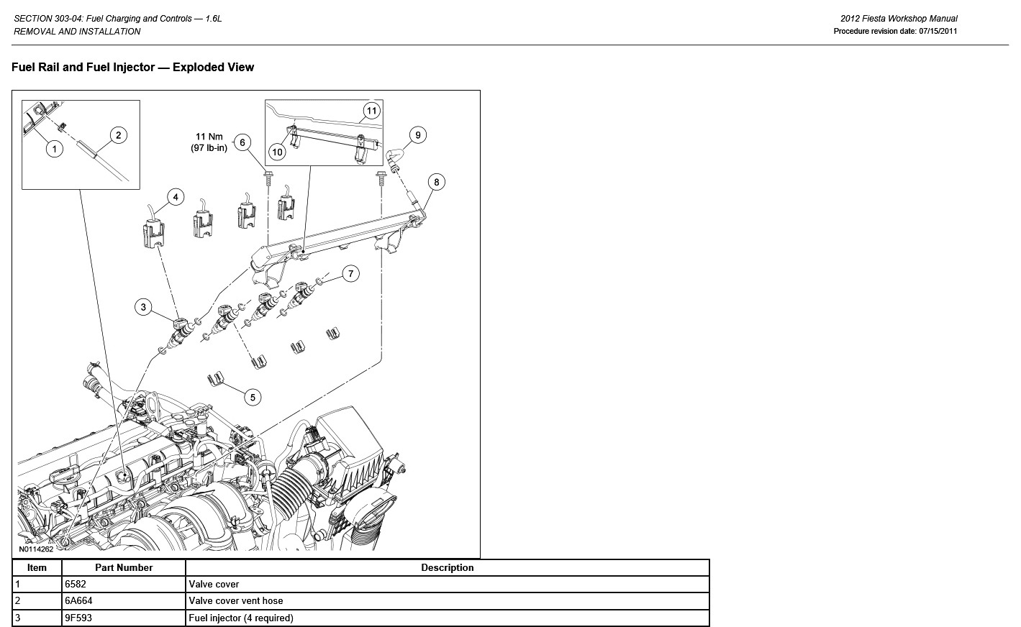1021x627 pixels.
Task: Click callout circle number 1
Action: coord(53,149)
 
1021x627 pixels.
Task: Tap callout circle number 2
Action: coord(118,135)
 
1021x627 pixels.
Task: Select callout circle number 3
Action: coord(143,307)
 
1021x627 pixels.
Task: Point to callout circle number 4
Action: coord(175,197)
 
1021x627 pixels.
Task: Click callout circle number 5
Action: coord(253,397)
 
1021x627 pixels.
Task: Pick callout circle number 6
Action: coord(242,142)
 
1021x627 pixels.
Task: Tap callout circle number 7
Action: coord(350,273)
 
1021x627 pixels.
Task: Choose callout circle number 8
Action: coord(436,182)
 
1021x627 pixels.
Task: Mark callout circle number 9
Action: coord(417,134)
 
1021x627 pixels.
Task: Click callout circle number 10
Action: coord(277,152)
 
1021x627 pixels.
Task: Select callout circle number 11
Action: coord(371,111)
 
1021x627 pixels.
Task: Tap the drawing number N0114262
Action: coord(36,549)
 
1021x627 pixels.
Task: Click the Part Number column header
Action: coord(124,568)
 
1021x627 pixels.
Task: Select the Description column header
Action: coord(447,568)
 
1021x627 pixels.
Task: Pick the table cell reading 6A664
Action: coord(78,601)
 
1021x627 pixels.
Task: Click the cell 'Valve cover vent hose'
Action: coord(236,601)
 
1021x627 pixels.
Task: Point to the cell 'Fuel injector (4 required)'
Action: coord(241,618)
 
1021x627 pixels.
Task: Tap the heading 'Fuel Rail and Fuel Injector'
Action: coord(133,68)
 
